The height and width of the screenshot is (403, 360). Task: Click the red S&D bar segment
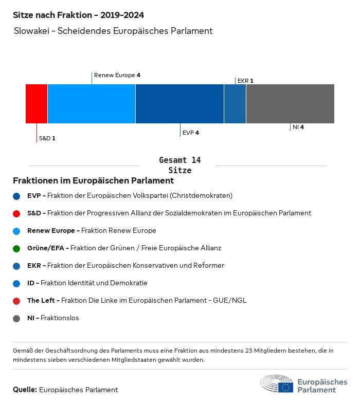[37, 104]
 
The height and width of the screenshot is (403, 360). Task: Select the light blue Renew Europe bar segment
[92, 104]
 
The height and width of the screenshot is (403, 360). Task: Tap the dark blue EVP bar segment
[179, 104]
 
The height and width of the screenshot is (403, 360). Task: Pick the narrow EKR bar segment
[235, 104]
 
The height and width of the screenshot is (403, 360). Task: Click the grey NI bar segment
[290, 104]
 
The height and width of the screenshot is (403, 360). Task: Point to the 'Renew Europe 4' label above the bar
[117, 75]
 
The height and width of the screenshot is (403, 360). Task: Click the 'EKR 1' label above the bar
[245, 81]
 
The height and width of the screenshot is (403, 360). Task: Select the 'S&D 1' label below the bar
[47, 138]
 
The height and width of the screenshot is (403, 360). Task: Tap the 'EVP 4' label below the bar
[191, 133]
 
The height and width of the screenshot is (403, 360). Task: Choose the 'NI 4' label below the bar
[298, 127]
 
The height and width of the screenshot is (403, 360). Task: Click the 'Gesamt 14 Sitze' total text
[180, 166]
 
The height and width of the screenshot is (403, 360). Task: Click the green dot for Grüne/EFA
[17, 248]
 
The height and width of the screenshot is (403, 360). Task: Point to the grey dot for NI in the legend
[17, 318]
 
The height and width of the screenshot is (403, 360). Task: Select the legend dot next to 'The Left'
[17, 301]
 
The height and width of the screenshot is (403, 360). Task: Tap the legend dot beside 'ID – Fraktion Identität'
[17, 283]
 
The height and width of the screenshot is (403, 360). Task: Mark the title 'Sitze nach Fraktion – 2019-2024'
[78, 15]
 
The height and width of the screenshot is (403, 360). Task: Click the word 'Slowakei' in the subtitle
[32, 31]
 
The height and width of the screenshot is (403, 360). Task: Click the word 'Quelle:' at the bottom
[25, 390]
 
